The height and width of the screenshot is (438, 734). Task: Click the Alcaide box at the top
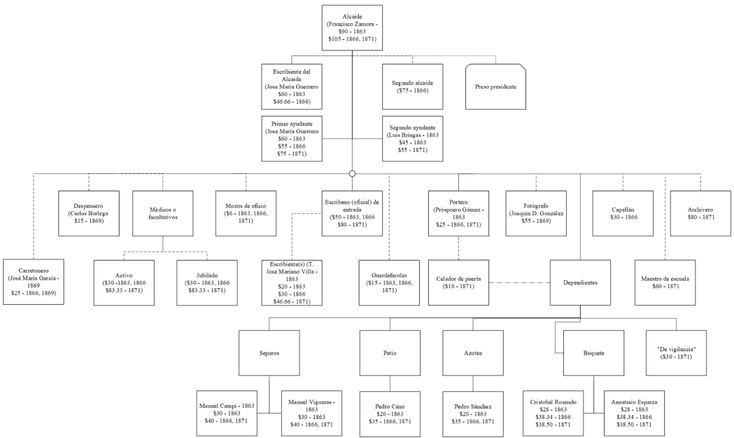point(352,27)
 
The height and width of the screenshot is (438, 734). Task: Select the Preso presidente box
point(495,87)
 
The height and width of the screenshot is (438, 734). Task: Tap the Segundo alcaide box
point(412,87)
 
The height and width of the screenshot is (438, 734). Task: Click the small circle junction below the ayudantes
point(352,174)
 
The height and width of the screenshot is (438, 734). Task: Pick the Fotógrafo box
point(536,213)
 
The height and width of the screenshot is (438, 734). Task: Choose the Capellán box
point(623,213)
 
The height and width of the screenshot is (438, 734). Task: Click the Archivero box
point(701,213)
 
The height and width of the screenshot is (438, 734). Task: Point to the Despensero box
point(88,213)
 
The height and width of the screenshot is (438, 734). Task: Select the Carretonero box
point(34,282)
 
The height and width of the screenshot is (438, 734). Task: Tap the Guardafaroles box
point(389,283)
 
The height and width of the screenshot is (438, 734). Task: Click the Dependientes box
point(581,283)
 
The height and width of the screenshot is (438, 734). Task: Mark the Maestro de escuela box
point(665,283)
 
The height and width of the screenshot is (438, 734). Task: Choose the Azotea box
point(473,353)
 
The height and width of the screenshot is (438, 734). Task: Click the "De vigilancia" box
point(677,353)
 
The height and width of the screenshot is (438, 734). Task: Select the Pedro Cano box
point(390,413)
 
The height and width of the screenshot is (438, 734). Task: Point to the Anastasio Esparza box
point(635,413)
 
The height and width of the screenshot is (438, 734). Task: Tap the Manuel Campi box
point(227,413)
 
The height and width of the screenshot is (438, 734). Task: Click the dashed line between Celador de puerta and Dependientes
point(520,283)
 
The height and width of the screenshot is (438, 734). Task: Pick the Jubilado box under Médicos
point(207,283)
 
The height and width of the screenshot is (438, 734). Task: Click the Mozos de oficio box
point(246,213)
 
